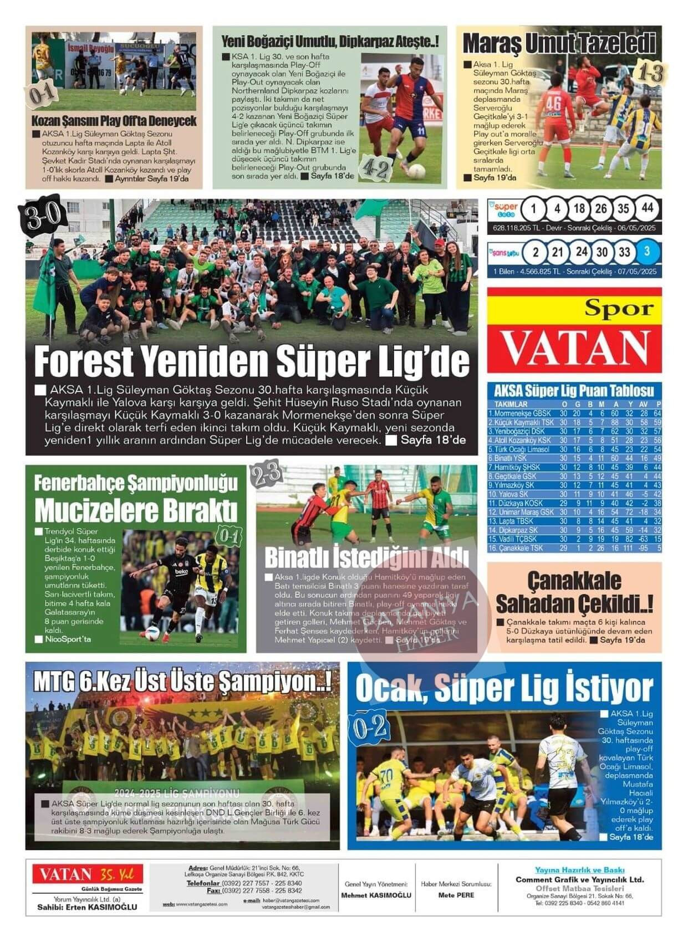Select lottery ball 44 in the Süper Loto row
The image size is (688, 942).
point(647,209)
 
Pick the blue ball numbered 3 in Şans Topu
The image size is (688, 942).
point(647,252)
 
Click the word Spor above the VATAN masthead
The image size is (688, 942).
point(619,309)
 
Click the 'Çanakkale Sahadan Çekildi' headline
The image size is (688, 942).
point(574,592)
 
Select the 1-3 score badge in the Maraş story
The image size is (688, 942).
point(649,72)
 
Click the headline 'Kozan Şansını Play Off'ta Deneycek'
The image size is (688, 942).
point(114,121)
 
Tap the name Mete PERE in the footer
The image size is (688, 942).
point(456,895)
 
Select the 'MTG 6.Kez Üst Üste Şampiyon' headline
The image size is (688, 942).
point(182,681)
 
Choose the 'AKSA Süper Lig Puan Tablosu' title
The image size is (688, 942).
point(574,391)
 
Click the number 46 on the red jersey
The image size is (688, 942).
point(553,104)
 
